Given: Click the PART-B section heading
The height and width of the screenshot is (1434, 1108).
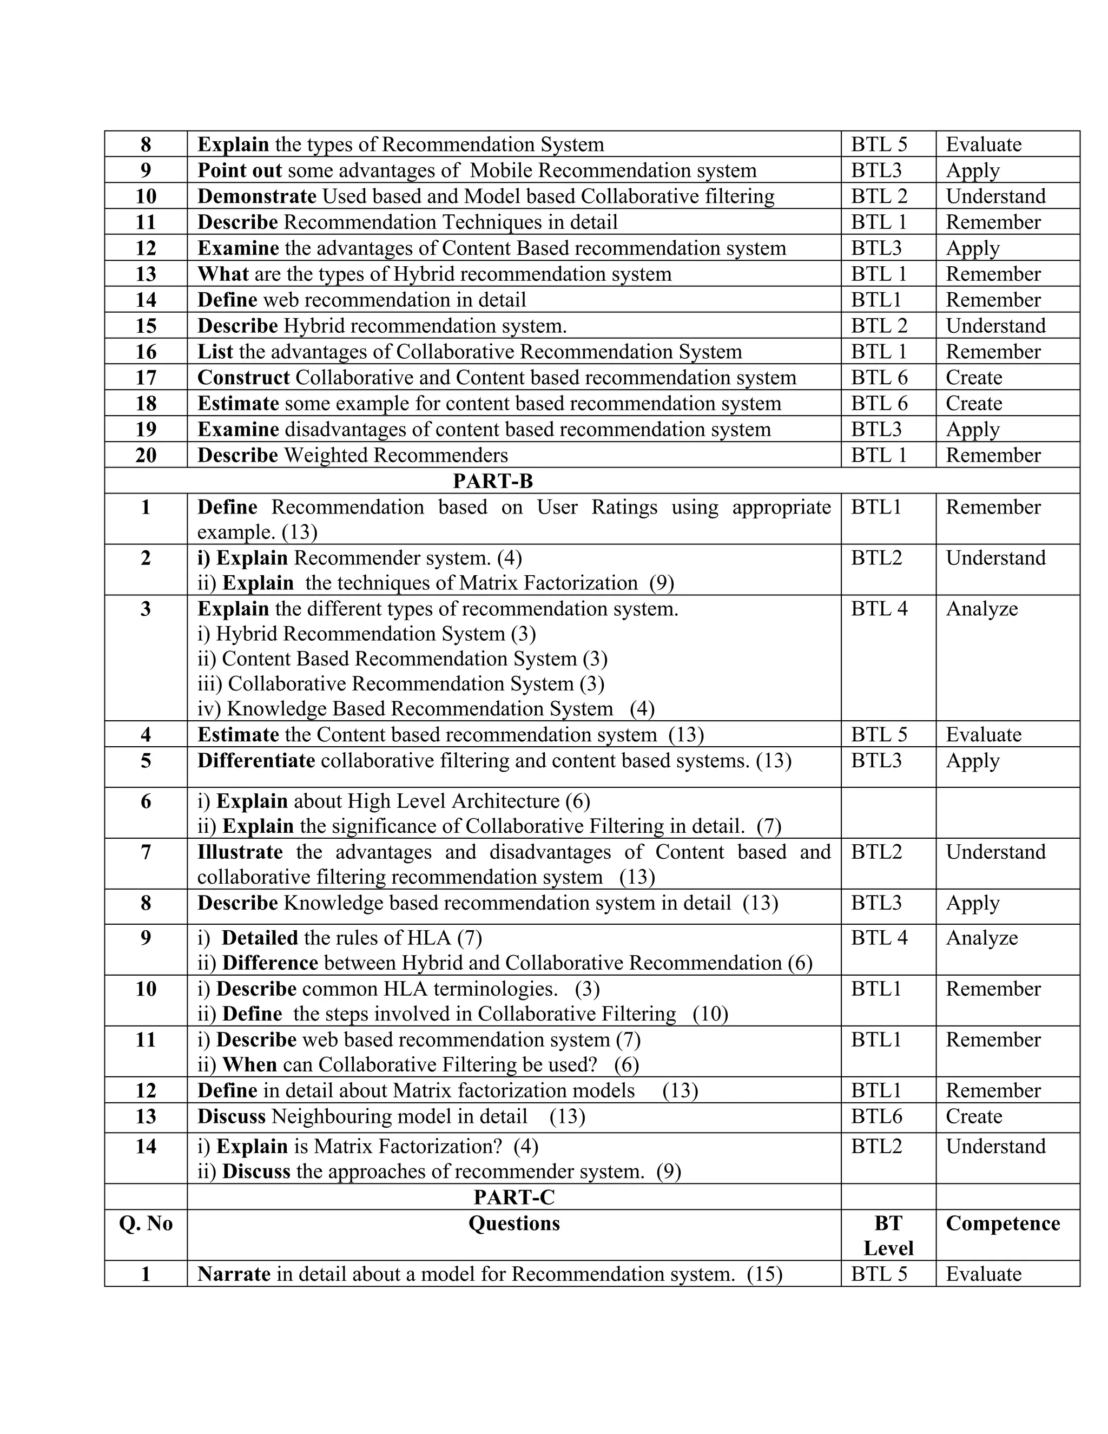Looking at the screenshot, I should point(492,481).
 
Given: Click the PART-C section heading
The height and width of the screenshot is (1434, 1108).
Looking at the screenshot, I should point(514,1197).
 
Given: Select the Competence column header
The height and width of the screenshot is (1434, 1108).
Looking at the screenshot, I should point(1003,1223).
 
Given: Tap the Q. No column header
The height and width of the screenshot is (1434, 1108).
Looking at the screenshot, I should point(146,1223).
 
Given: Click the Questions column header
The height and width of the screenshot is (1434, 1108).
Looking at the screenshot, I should point(514,1223).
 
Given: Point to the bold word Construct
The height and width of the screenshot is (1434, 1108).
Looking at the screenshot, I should point(243,378).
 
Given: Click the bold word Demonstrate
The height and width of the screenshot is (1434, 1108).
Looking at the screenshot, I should point(256,196).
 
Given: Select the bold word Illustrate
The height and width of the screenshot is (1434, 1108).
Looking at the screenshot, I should point(240,852).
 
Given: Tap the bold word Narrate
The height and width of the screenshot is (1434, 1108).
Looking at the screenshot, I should point(234,1274).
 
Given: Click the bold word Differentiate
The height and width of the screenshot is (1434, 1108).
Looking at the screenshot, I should point(256,761).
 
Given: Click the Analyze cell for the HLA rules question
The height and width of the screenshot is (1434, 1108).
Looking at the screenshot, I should point(981,938).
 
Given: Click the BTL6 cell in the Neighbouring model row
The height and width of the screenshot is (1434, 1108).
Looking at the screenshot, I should point(876,1116).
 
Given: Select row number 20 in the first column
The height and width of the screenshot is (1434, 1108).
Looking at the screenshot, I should point(146,455).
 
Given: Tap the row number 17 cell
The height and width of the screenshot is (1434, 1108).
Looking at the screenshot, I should point(146,378).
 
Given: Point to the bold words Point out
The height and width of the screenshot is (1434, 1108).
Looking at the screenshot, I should point(240,170).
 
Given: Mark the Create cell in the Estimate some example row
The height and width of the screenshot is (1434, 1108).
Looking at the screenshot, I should point(973,403).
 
